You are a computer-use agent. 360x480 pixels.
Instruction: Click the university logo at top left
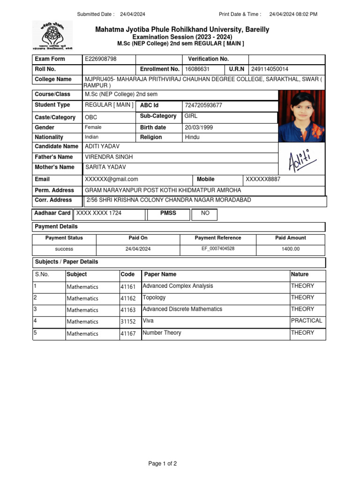pos(52,35)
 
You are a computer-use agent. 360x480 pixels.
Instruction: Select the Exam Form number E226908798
pos(101,59)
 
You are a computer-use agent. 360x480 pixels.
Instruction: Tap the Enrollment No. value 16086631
pos(198,69)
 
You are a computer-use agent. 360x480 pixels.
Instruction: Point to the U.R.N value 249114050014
pos(270,69)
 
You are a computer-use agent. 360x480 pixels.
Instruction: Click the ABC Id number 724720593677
pos(203,105)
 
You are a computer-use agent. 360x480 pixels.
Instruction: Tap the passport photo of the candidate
pos(302,116)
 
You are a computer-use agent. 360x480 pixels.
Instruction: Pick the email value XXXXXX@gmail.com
pos(112,180)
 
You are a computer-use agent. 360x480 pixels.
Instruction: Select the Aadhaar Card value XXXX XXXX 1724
pos(99,213)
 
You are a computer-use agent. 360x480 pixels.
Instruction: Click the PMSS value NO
pos(205,213)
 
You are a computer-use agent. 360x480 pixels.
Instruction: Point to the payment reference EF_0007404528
pos(218,249)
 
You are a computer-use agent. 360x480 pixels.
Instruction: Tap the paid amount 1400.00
pos(291,249)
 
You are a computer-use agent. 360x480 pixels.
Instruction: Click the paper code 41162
pos(128,298)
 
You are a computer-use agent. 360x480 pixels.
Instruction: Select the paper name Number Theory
pos(162,333)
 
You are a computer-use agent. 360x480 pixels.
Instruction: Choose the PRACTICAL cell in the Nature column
pos(307,321)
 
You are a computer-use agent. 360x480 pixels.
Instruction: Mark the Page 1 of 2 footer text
pos(163,464)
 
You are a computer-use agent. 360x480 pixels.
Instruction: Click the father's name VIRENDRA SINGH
pos(109,157)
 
